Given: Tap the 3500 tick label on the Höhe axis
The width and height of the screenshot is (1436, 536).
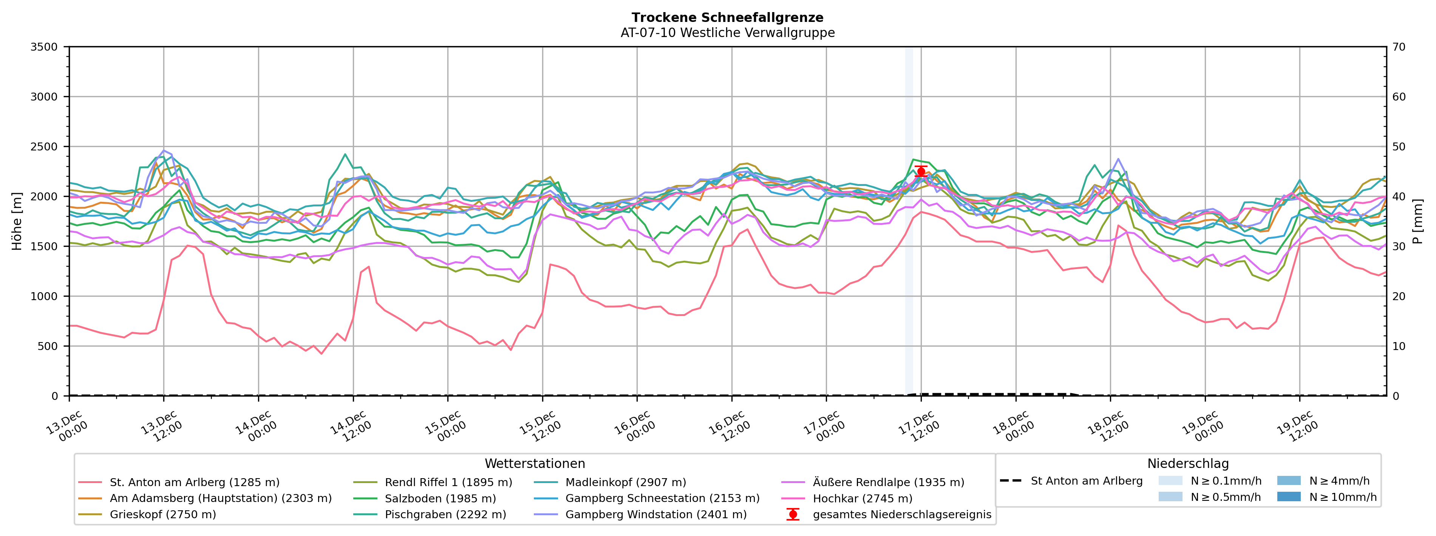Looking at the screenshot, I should pos(44,47).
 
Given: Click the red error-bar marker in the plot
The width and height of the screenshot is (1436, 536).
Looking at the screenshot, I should pos(921,172).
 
